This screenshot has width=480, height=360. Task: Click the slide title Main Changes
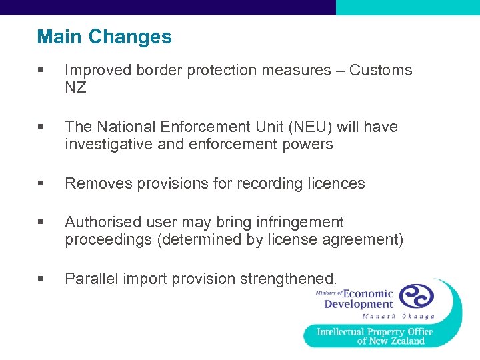click(104, 37)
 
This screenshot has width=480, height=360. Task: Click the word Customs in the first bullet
click(381, 70)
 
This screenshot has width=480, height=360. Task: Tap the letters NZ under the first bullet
click(75, 87)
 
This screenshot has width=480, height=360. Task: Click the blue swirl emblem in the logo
click(416, 295)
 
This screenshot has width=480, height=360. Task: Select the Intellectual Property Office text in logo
click(375, 331)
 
